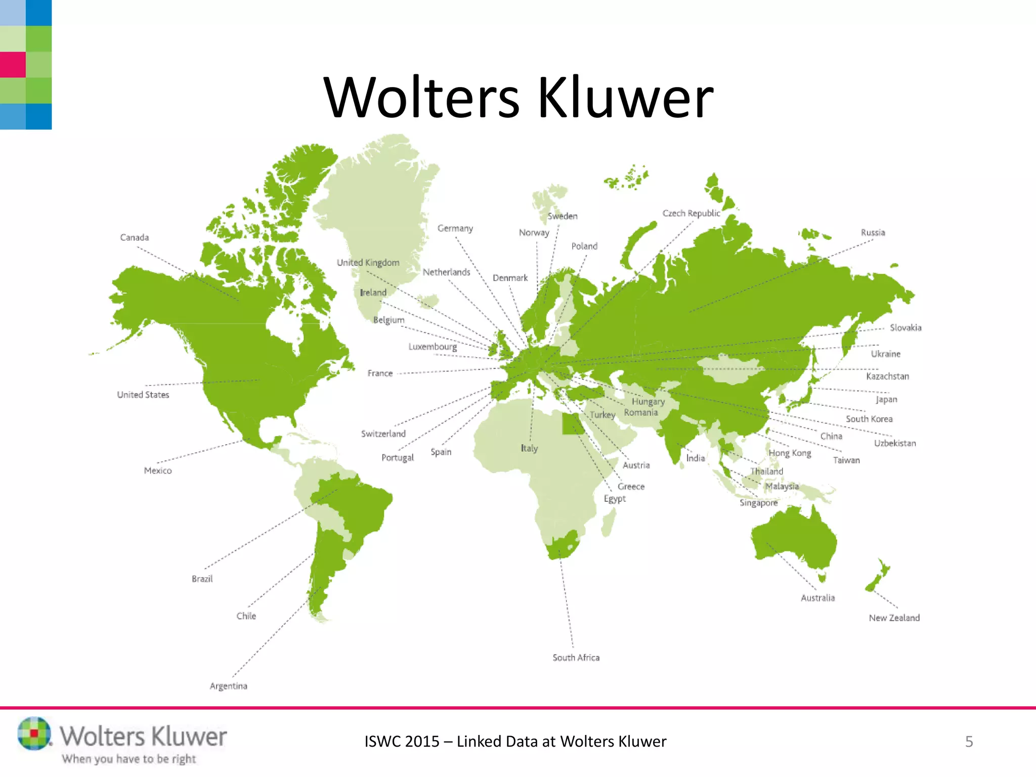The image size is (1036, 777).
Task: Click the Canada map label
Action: coord(135,237)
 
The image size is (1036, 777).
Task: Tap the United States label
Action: coord(143,395)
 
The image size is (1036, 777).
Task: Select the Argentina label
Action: coord(229,686)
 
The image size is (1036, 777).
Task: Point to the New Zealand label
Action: coord(894,618)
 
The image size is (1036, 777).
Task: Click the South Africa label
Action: coord(576,657)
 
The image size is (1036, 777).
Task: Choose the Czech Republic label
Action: coord(691,213)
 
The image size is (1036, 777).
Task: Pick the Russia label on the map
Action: coord(873,232)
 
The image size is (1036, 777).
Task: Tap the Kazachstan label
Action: coord(887,376)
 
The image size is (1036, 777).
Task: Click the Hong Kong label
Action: coord(790,453)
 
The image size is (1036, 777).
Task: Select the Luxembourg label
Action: coord(433,347)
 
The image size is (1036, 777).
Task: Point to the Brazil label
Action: coord(202,579)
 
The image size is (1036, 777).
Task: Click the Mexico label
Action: coord(158,470)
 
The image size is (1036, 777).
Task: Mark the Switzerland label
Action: coord(383,434)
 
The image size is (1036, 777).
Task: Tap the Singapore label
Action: coord(758,502)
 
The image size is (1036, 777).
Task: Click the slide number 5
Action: coord(969,742)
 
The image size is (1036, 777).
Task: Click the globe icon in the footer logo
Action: coord(34,733)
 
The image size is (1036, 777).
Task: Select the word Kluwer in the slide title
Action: coord(625,97)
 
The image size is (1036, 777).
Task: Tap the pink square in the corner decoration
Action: coord(13,65)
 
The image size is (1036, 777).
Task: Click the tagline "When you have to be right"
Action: coord(128,759)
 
